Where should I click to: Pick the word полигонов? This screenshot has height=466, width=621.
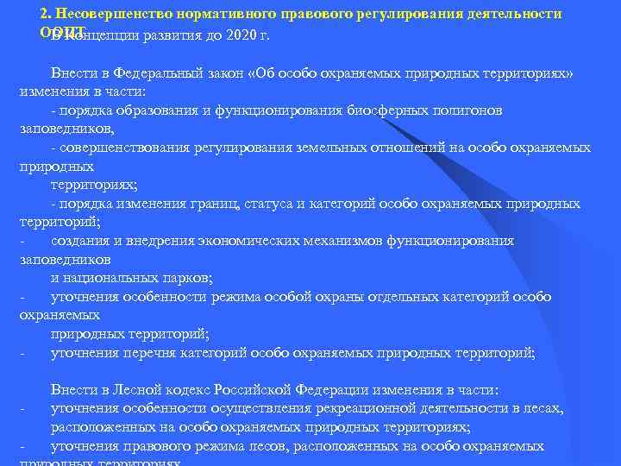point(448,111)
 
